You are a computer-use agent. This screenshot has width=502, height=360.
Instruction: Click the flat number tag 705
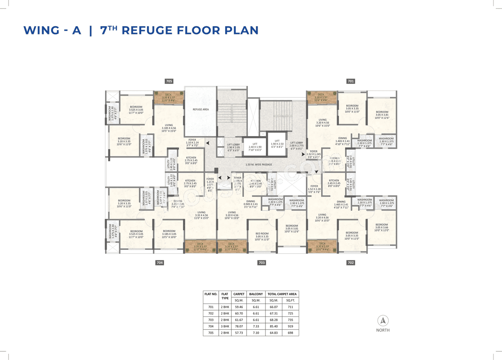click(169, 81)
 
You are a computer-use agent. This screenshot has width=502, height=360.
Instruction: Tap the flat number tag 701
click(351, 81)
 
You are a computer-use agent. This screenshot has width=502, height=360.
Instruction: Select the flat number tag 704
click(160, 263)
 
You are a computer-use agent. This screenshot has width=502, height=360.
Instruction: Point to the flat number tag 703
click(262, 263)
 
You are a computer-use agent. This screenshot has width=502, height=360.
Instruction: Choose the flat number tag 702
click(351, 263)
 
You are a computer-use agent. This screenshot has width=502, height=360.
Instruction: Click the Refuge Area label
click(200, 109)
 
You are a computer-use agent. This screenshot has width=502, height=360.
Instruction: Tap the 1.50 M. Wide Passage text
click(258, 165)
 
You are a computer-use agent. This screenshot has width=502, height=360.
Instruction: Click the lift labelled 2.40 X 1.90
click(255, 147)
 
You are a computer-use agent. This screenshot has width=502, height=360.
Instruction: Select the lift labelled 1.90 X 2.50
click(277, 143)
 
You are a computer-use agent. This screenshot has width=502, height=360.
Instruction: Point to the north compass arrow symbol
click(382, 320)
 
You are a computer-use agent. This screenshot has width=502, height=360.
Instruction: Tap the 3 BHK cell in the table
click(225, 326)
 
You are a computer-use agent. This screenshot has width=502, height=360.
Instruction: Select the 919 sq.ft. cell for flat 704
click(290, 326)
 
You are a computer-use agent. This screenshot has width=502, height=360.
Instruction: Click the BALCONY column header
click(256, 294)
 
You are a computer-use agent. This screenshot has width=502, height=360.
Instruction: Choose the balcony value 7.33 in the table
click(256, 326)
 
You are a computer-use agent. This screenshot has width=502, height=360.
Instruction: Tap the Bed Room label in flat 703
click(262, 235)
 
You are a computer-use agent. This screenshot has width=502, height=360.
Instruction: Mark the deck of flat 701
click(321, 97)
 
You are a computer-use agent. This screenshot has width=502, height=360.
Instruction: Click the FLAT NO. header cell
click(211, 294)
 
